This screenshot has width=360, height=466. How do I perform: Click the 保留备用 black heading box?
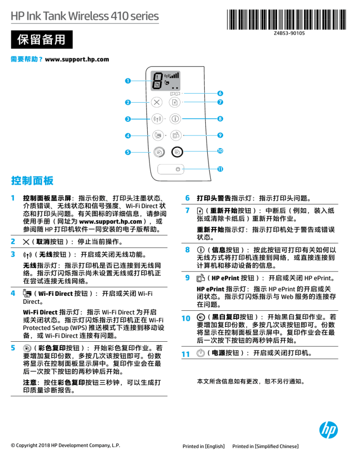(x=42, y=40)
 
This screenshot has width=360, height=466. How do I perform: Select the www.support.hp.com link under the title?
(x=77, y=60)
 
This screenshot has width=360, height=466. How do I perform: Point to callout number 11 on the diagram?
(x=219, y=168)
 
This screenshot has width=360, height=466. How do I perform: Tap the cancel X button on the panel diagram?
(x=156, y=102)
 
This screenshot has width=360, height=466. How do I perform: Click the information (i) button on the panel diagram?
(x=175, y=119)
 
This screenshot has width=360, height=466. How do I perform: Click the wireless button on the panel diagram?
(x=157, y=119)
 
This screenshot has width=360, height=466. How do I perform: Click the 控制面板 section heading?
(x=32, y=180)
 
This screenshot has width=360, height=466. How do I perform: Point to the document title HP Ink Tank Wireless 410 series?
(x=85, y=16)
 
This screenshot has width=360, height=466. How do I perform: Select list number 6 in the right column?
(x=187, y=198)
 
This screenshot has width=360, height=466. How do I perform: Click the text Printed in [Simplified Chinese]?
(x=265, y=446)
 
